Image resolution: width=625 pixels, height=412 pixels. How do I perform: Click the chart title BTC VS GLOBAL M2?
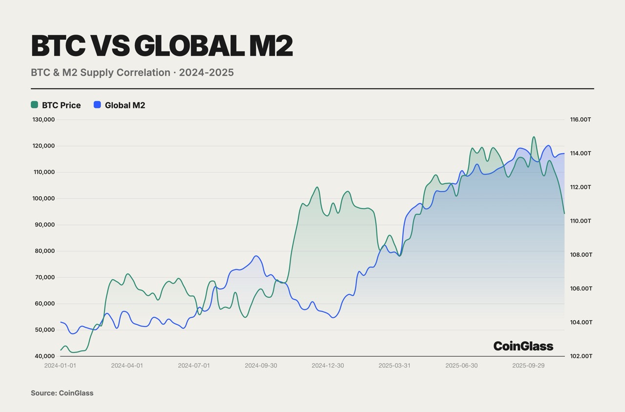coord(162,46)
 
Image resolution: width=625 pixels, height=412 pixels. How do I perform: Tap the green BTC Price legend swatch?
coord(35,104)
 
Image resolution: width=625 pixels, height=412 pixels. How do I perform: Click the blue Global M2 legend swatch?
coord(97,104)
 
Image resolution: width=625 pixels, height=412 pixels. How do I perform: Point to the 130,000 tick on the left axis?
coord(43,120)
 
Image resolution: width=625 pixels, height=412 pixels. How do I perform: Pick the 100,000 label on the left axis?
coord(43,199)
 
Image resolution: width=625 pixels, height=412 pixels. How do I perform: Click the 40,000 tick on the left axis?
coord(44,356)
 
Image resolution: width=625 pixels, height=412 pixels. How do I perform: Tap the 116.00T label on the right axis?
coord(581,120)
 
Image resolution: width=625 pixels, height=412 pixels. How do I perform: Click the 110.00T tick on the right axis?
coord(581,221)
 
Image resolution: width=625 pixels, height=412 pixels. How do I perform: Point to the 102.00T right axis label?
coord(581,356)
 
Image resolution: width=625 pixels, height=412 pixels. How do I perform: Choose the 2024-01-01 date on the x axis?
coord(60,365)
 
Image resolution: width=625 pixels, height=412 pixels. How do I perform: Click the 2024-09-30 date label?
coord(261,365)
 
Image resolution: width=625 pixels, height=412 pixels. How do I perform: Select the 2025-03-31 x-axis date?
coord(395,365)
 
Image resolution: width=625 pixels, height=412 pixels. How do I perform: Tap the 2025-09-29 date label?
coord(528,365)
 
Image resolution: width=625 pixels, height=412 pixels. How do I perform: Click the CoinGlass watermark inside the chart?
coord(523,346)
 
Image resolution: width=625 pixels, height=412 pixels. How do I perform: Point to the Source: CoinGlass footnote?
coord(62,393)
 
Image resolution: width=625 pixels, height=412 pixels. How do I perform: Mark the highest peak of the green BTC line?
coord(534,137)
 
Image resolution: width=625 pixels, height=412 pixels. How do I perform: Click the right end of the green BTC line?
coord(564,213)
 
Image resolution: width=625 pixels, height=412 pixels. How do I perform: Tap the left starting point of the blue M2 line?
coord(61,322)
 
